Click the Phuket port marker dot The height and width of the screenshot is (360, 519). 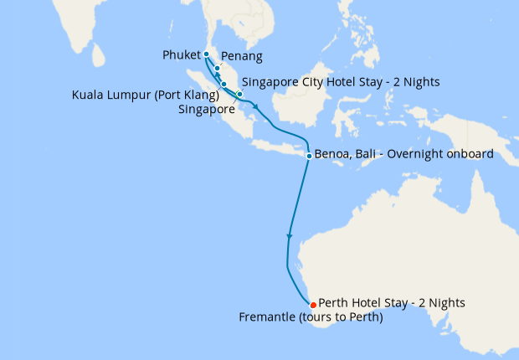[206, 54]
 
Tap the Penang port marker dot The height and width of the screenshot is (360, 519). [217, 69]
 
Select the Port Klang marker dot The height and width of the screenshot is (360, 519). [224, 84]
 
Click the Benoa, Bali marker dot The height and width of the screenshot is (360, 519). [309, 156]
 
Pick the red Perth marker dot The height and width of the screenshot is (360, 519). [313, 304]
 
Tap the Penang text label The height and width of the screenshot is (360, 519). [242, 57]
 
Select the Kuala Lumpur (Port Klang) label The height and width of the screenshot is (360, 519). [146, 95]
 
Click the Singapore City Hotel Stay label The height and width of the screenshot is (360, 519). [341, 82]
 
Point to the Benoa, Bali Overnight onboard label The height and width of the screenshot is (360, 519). [404, 154]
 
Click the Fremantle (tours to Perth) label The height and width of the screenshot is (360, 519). [311, 317]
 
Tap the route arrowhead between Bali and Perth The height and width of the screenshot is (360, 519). [290, 237]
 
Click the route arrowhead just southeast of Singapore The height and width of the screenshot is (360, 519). [254, 106]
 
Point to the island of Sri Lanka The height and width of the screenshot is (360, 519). [99, 56]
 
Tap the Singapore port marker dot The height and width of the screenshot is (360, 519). [239, 94]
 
